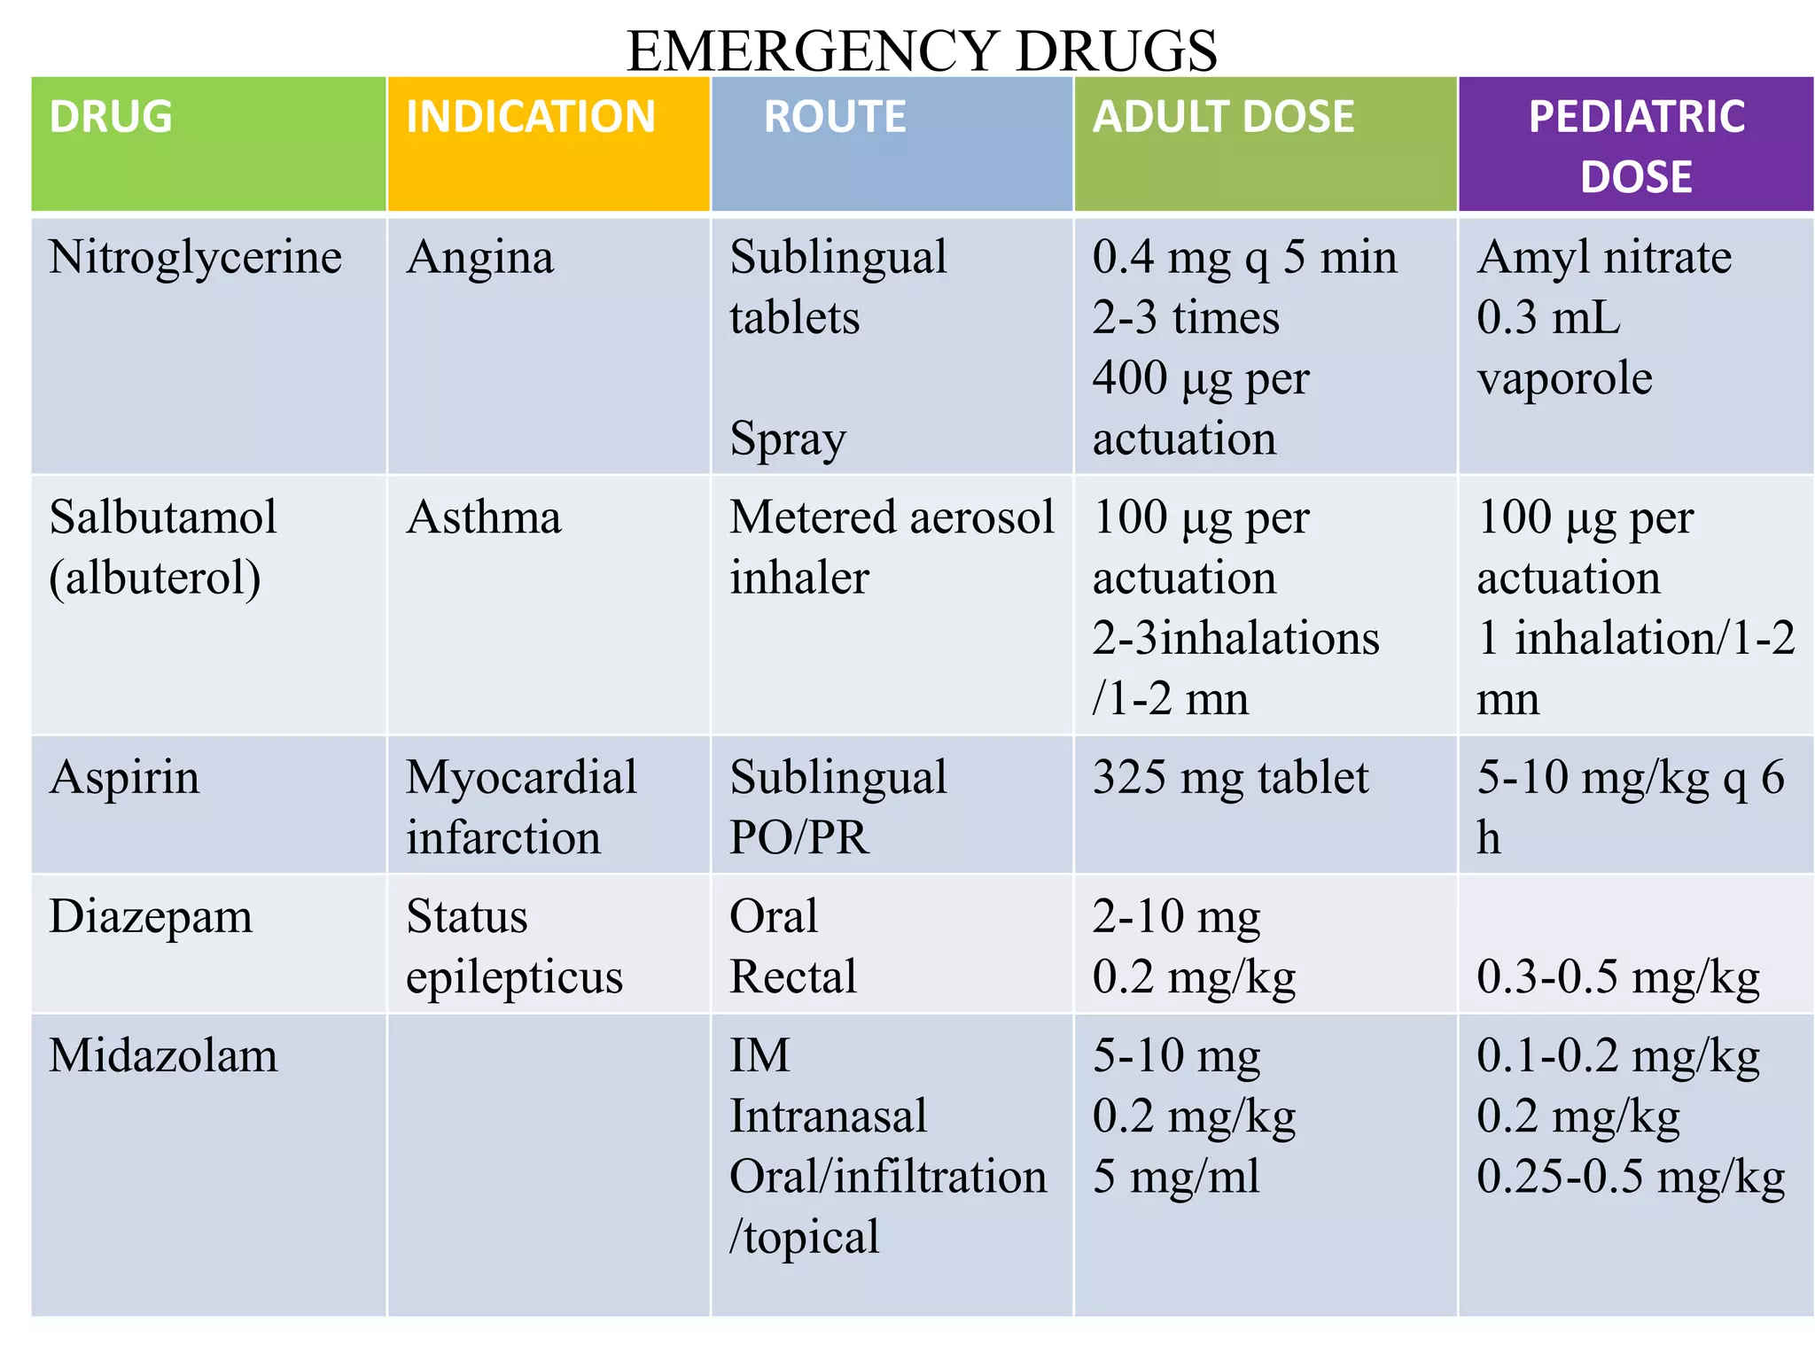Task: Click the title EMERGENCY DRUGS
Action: [922, 51]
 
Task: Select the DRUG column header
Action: [111, 117]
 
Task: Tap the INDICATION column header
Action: [530, 117]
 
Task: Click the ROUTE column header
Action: [835, 117]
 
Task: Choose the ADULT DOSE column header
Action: [1223, 117]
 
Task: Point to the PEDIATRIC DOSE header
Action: [1636, 146]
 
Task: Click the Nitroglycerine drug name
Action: [195, 258]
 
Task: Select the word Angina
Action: [480, 258]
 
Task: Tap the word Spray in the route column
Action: [788, 439]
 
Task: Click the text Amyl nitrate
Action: [1604, 258]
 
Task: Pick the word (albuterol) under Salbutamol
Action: [155, 578]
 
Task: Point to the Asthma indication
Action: [484, 517]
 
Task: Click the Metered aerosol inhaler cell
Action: [892, 547]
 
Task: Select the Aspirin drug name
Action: [125, 778]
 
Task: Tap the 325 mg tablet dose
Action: [1230, 778]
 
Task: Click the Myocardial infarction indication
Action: [521, 807]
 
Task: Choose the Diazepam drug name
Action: [151, 917]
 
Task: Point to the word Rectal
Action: [793, 977]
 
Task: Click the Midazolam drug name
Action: [163, 1056]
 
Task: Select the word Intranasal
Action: [828, 1116]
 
